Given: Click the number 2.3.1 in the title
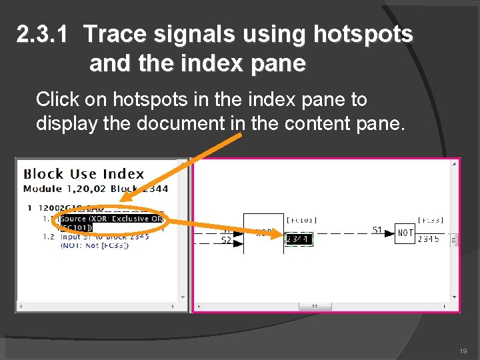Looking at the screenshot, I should click(42, 35).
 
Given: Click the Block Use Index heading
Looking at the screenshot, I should click(84, 174).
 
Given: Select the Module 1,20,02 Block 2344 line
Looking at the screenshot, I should click(95, 189).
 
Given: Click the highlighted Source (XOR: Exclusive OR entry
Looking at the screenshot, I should click(111, 219).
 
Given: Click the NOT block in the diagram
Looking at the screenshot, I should click(405, 233).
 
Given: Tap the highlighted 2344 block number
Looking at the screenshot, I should click(299, 239).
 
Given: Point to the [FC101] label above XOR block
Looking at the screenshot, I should click(301, 220).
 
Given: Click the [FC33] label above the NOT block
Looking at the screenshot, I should click(430, 220).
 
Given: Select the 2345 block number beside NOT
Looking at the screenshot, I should click(428, 239).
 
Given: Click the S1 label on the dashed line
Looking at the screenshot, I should click(377, 230).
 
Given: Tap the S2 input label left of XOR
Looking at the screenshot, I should click(227, 239).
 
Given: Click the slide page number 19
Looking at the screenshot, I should click(463, 350).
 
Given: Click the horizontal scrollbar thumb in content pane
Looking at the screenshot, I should click(310, 307).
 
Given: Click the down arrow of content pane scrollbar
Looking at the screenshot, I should click(455, 297).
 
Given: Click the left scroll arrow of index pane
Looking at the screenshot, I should click(21, 307).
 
